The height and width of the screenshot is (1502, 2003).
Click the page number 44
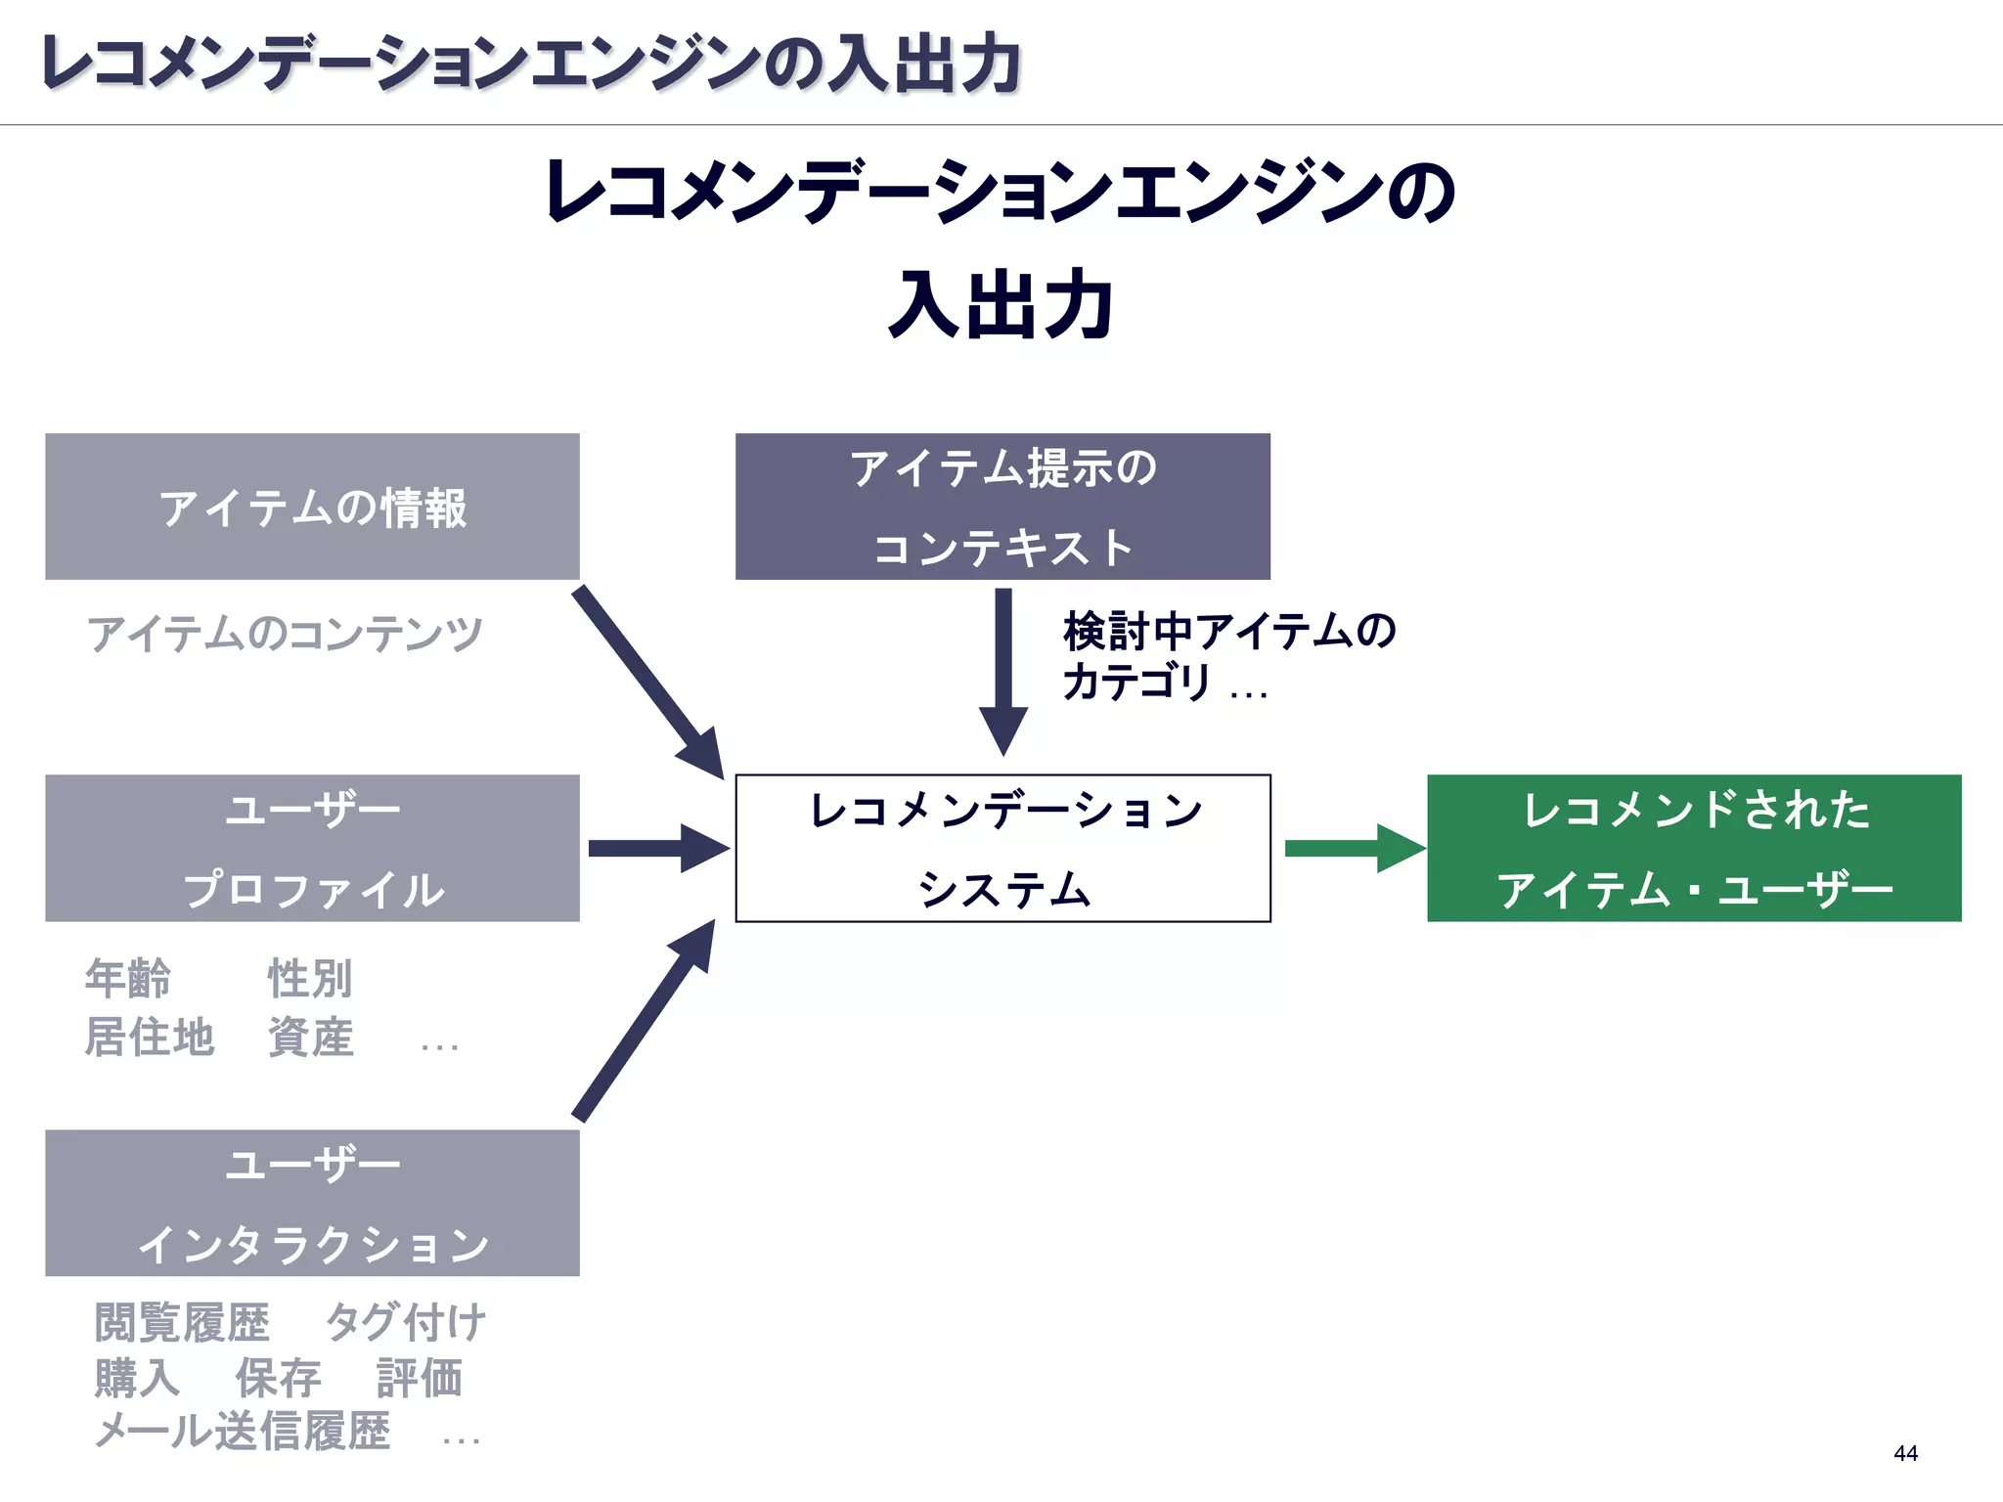(1905, 1453)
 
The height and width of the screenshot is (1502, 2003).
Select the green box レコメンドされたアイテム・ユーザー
(1694, 848)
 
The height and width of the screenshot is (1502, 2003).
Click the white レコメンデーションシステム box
(1002, 848)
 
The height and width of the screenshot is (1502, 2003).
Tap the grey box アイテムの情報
(312, 507)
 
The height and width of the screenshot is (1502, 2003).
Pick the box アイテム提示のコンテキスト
(1002, 507)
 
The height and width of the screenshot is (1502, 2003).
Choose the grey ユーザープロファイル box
(312, 848)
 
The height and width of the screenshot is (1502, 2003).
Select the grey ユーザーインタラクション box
(312, 1203)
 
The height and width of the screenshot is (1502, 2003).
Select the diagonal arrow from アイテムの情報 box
(645, 680)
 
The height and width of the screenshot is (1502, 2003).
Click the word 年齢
(128, 979)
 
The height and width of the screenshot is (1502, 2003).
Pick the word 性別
(310, 979)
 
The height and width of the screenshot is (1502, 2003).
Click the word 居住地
(150, 1038)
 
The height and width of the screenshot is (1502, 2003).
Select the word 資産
(310, 1038)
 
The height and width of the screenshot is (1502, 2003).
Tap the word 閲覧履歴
(182, 1323)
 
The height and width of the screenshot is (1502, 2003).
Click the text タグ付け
(405, 1323)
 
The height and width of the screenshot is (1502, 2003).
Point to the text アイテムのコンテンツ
(285, 634)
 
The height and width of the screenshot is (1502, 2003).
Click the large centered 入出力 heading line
(1001, 305)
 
